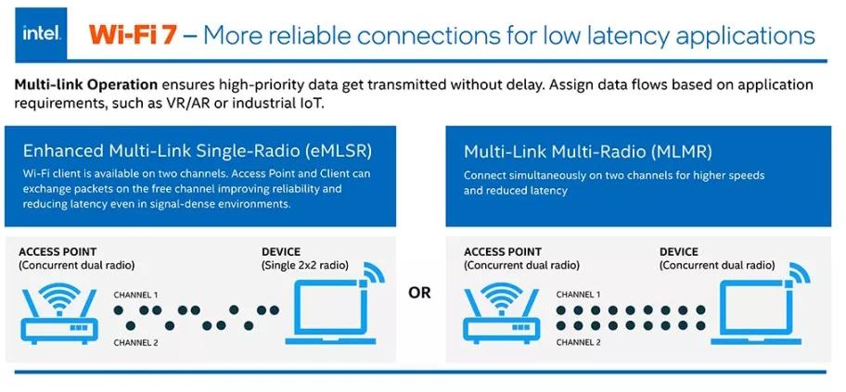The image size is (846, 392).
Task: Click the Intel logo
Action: (x=41, y=34)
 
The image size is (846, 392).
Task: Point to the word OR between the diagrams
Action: (x=419, y=293)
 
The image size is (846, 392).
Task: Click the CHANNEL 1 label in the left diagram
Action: (x=135, y=295)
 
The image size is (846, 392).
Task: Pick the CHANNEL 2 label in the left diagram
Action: (x=135, y=342)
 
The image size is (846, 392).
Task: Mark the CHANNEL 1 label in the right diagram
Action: (x=578, y=295)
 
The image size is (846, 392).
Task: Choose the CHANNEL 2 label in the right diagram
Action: (x=578, y=342)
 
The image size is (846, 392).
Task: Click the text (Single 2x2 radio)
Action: (x=305, y=266)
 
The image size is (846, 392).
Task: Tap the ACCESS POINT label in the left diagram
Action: (x=58, y=251)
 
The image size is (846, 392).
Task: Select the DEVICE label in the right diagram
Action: (x=679, y=251)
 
